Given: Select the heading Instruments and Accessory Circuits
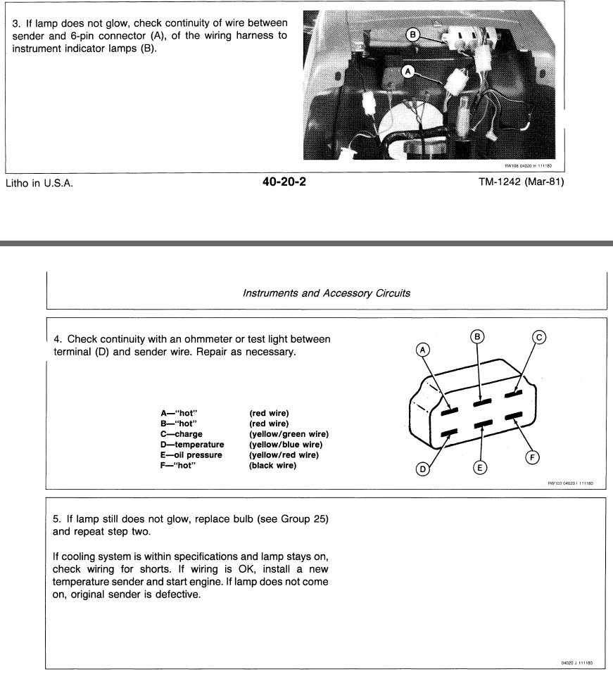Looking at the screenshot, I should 327,288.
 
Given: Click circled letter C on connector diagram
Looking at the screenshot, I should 538,337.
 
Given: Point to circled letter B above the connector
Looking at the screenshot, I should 478,337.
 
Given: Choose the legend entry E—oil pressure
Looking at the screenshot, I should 191,454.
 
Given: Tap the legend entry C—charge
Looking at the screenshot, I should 182,434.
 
